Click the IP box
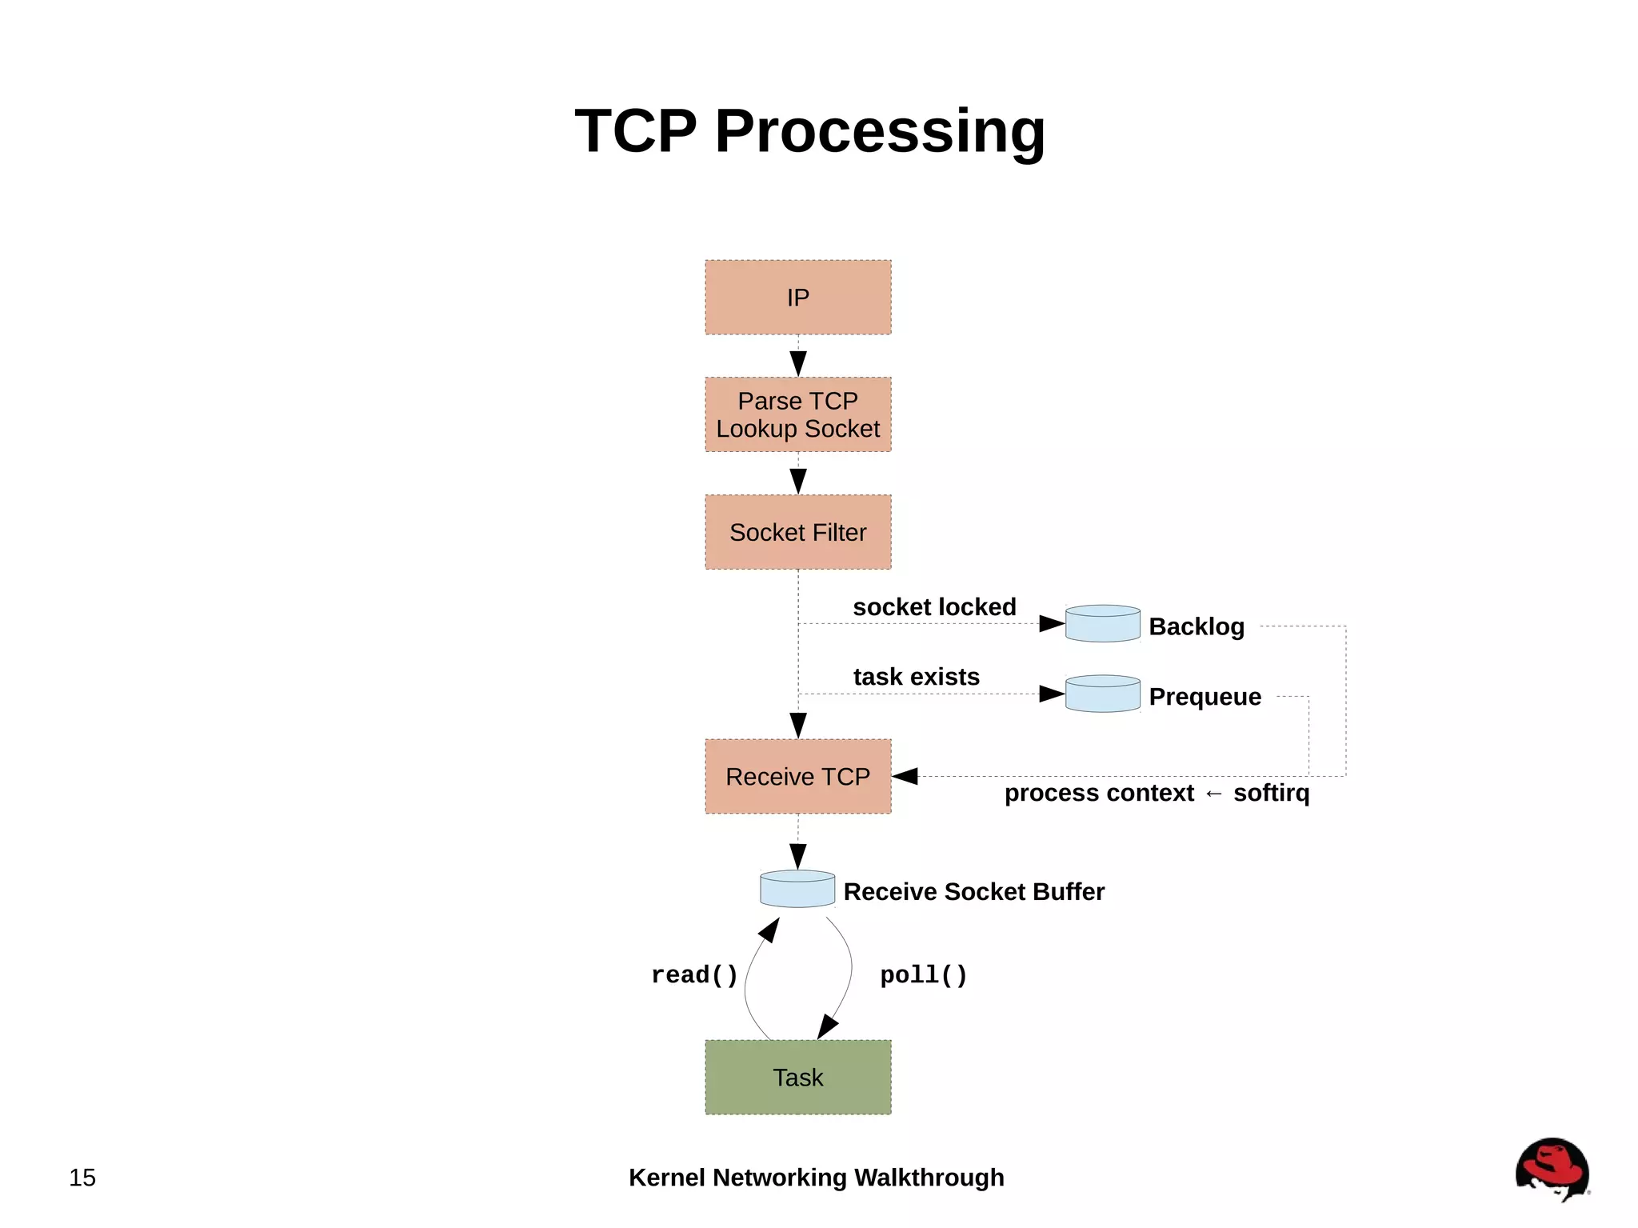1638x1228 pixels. (797, 297)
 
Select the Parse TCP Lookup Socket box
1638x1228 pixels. (797, 414)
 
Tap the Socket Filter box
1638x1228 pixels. (797, 532)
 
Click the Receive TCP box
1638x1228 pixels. (797, 776)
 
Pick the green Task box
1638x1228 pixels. (797, 1077)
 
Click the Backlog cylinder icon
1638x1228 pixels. (1102, 623)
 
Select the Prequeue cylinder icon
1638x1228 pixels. (1102, 694)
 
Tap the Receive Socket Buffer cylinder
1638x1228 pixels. (797, 889)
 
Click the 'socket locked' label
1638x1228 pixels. (934, 606)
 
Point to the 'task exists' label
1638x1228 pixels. (916, 677)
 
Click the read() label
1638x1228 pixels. (694, 975)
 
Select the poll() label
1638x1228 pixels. (924, 975)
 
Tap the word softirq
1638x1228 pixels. (1271, 793)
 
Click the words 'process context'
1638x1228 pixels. (1098, 793)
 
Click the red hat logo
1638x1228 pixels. (1552, 1169)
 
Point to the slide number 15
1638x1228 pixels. (82, 1178)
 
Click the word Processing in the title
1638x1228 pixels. (880, 131)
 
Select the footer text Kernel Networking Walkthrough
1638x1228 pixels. (816, 1178)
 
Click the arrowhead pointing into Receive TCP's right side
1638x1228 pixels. (905, 776)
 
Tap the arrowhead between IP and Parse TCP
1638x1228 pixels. (797, 362)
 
